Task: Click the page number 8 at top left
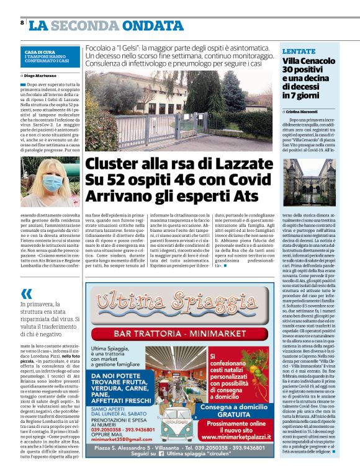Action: pos(22,23)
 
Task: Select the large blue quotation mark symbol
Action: pos(25,293)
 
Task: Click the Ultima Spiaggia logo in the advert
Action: pos(179,304)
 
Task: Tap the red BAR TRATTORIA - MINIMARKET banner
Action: pos(180,334)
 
